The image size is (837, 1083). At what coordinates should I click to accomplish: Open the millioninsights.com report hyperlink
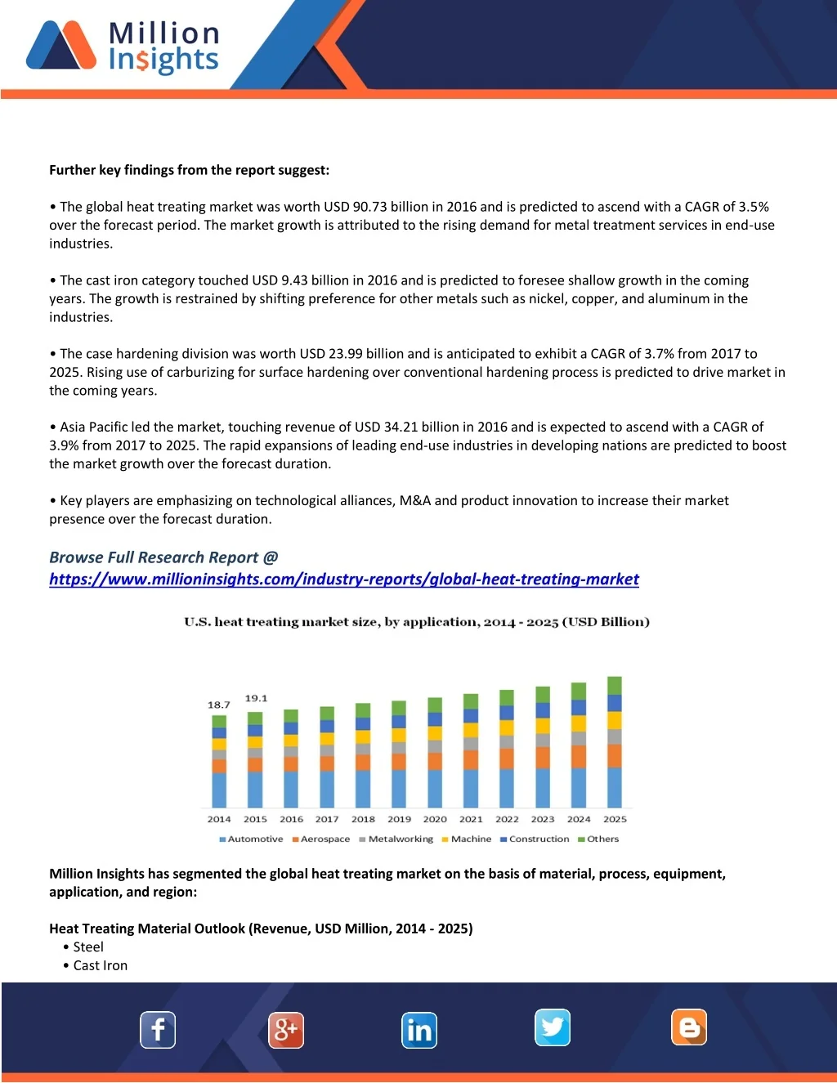point(343,580)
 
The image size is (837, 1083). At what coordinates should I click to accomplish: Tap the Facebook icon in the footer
point(158,1029)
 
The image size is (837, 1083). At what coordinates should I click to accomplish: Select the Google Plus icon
point(286,1029)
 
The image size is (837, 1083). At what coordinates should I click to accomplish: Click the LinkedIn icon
point(419,1030)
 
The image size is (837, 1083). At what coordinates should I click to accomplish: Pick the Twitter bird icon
point(553,1027)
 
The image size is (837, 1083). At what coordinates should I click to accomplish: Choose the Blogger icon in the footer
point(689,1027)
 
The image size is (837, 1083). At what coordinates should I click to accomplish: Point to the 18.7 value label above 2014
point(218,705)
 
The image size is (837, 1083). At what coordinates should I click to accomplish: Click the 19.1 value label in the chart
point(256,698)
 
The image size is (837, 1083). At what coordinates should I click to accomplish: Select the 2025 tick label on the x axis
point(615,819)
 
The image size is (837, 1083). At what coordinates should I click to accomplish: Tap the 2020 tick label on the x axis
point(435,819)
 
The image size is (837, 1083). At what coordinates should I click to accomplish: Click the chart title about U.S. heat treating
point(417,622)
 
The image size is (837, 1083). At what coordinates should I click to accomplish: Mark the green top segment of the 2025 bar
point(615,685)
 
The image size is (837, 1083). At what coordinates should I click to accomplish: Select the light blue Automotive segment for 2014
point(219,790)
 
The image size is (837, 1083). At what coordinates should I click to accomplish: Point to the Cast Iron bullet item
point(100,965)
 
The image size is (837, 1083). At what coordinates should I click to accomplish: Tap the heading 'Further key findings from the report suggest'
point(189,170)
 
